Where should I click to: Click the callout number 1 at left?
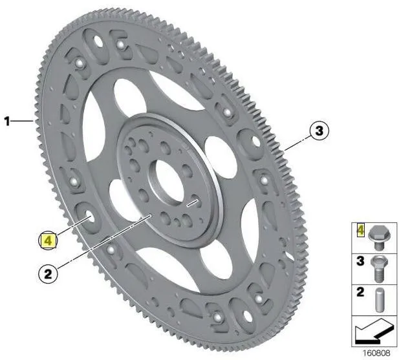point(8,121)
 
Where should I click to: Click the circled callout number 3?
point(319,131)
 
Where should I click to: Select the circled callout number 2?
point(48,274)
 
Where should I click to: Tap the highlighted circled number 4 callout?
point(48,240)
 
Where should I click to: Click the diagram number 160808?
point(376,353)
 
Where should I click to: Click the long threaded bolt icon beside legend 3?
point(379,269)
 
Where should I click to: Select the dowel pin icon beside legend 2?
point(380,300)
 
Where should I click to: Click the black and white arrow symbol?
point(374,330)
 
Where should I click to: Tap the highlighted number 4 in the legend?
point(361,230)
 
